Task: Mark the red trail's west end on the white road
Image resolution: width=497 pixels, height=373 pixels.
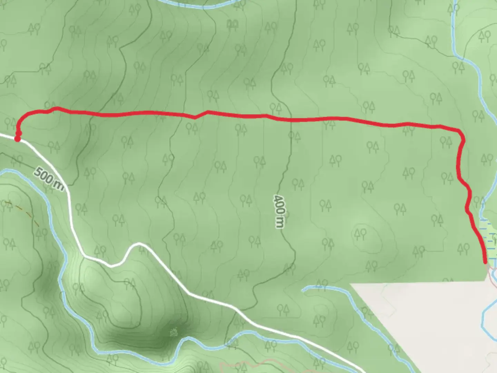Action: click(17, 138)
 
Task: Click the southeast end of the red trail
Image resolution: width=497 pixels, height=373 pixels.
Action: click(486, 262)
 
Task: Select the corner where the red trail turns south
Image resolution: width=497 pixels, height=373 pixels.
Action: click(460, 133)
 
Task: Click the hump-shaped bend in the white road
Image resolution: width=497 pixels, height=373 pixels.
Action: click(136, 246)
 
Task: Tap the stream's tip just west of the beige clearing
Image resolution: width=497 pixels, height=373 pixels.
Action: click(304, 289)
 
